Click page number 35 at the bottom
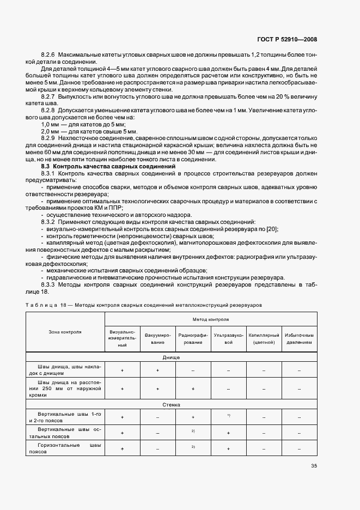click(314, 465)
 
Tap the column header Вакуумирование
click(158, 338)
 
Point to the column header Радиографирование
click(193, 338)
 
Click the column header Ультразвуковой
click(228, 338)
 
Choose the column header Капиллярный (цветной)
click(264, 338)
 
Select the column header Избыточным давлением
click(299, 338)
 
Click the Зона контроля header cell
click(65, 331)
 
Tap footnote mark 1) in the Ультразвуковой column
click(228, 416)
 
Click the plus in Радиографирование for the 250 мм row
click(193, 389)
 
